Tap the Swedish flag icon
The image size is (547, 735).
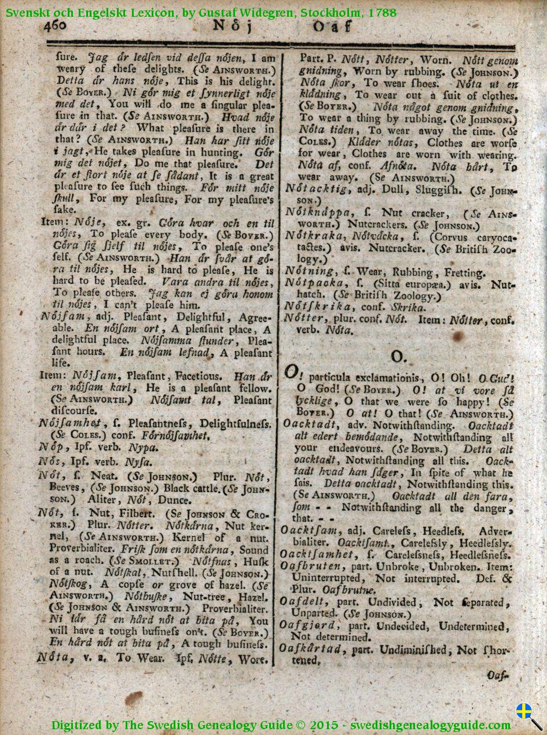(524, 711)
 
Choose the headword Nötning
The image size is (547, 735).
(309, 272)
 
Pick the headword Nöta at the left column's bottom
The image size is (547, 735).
(55, 658)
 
